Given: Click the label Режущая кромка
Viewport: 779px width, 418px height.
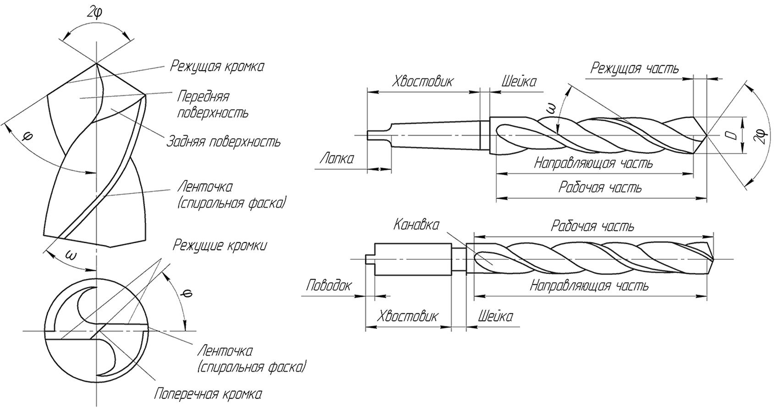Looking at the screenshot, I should pyautogui.click(x=217, y=66).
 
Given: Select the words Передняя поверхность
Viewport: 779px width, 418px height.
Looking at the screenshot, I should pyautogui.click(x=212, y=104).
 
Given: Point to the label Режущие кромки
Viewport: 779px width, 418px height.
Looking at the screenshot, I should pyautogui.click(x=219, y=246).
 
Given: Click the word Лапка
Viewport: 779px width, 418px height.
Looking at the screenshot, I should pyautogui.click(x=337, y=159).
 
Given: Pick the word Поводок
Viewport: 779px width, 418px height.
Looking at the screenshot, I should pyautogui.click(x=329, y=286).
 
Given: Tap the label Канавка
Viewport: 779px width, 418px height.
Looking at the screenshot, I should pyautogui.click(x=416, y=225).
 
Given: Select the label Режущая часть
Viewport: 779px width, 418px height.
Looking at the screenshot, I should pyautogui.click(x=635, y=69).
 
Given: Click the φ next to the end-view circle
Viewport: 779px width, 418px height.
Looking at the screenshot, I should pyautogui.click(x=186, y=292).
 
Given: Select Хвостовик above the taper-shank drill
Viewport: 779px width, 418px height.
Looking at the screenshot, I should pyautogui.click(x=423, y=82).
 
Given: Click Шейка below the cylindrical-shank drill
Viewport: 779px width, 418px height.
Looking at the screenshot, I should pyautogui.click(x=495, y=316).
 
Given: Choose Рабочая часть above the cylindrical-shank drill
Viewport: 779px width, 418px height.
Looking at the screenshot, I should pyautogui.click(x=592, y=226).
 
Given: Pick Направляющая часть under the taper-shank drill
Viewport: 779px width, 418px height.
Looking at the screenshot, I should pyautogui.click(x=594, y=164).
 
